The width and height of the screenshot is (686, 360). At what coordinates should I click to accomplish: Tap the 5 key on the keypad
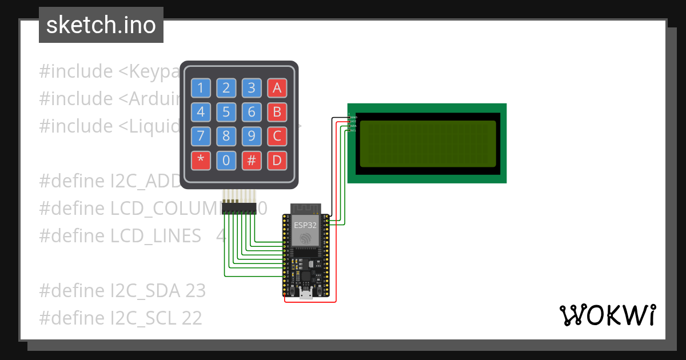[226, 112]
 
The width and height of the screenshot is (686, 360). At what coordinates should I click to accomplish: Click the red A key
[277, 88]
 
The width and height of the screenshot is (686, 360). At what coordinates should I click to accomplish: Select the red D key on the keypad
[277, 161]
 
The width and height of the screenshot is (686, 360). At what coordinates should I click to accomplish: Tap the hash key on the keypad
[252, 161]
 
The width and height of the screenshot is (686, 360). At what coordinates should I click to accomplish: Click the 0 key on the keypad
[226, 161]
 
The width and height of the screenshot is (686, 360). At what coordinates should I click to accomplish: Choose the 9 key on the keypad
[252, 137]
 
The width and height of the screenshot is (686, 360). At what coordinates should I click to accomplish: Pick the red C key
[277, 137]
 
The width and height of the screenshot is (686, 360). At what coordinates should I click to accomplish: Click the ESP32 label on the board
[305, 225]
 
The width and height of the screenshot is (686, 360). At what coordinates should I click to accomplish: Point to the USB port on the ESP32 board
[306, 295]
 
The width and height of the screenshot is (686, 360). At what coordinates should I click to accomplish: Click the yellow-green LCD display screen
[427, 143]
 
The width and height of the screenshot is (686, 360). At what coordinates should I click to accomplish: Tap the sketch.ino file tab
[101, 25]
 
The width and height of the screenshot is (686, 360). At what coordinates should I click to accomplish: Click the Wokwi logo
[607, 315]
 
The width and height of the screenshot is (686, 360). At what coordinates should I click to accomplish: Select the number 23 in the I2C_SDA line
[195, 290]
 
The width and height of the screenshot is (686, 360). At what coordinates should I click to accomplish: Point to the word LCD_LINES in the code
[155, 235]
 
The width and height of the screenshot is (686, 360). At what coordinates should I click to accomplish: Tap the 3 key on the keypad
[252, 88]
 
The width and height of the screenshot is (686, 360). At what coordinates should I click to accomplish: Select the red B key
[277, 112]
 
